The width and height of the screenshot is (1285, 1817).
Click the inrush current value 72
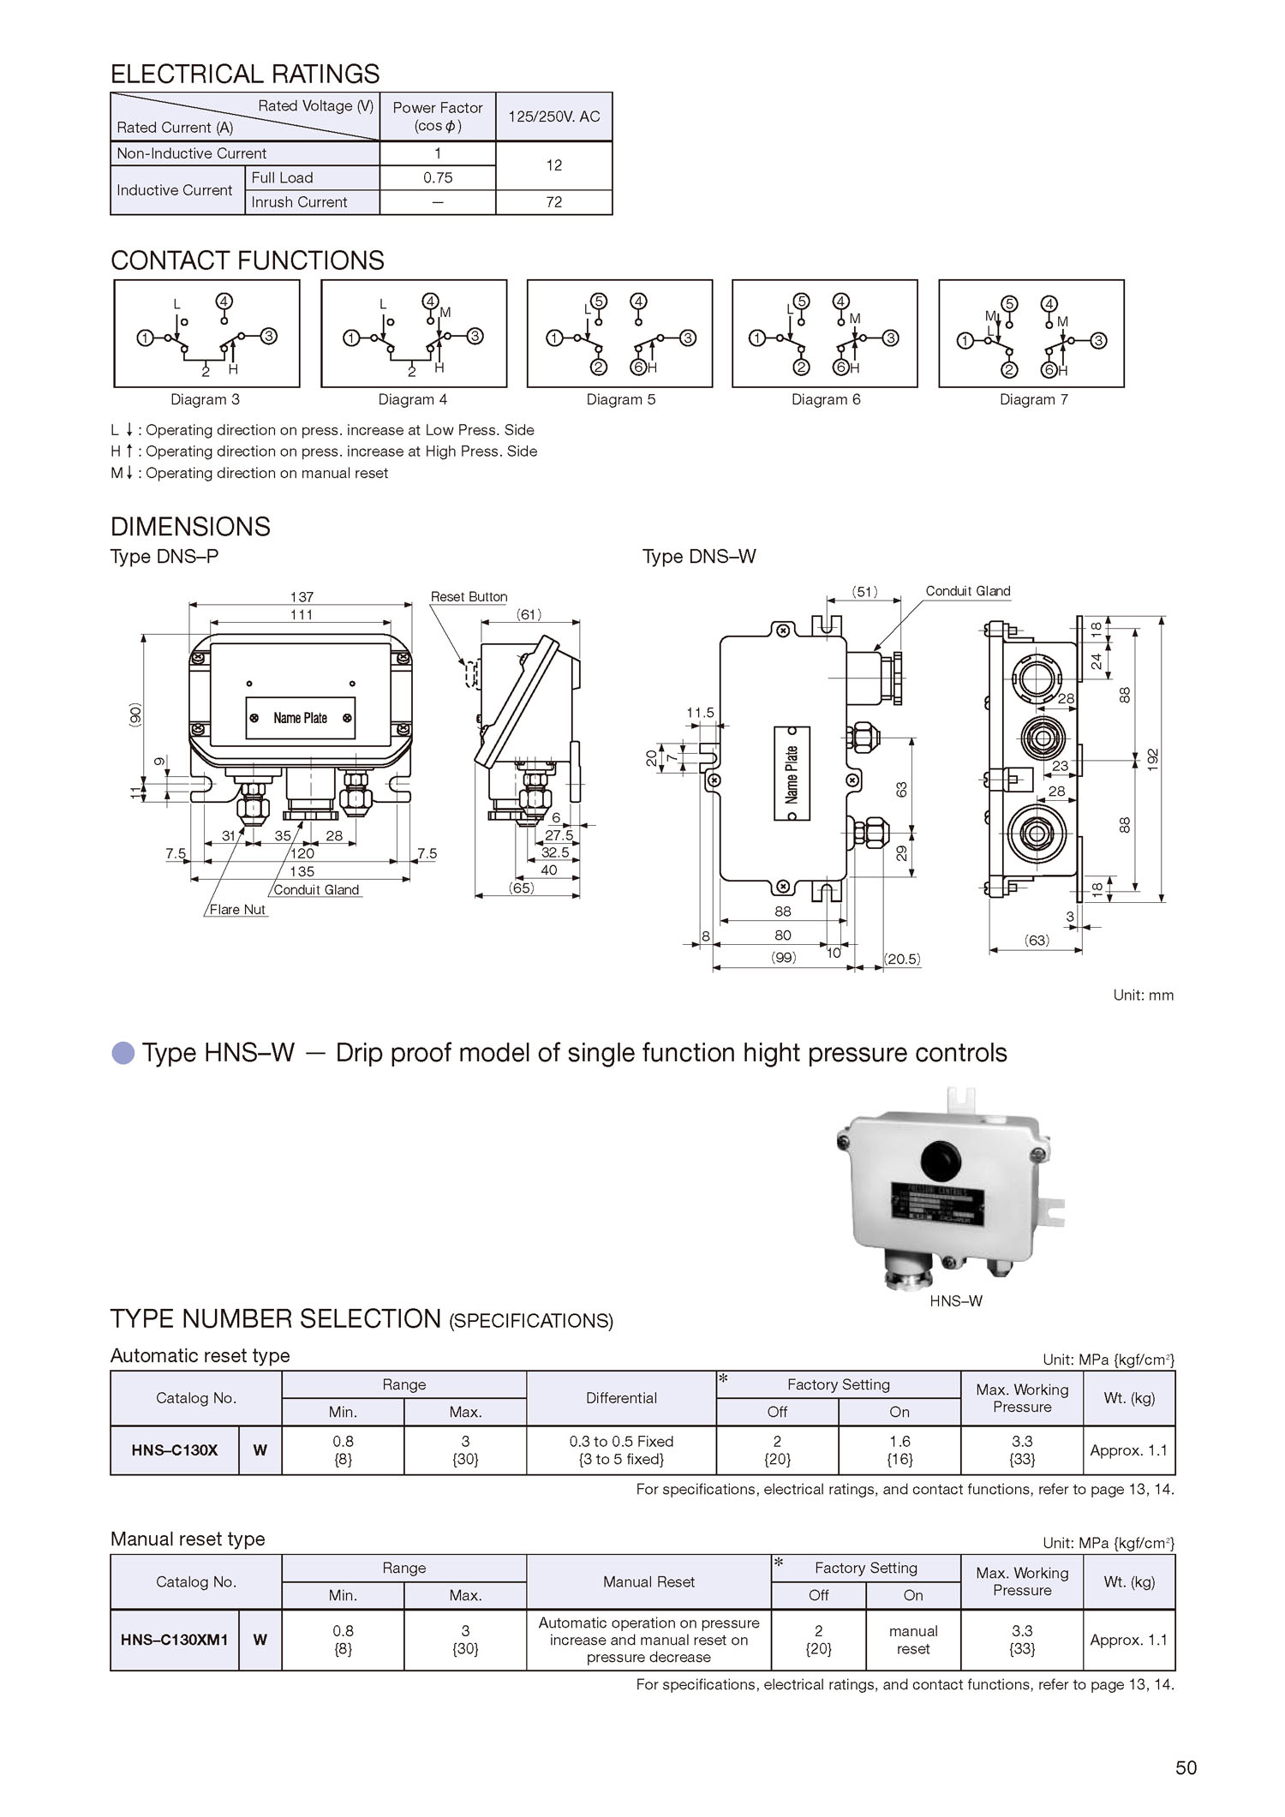coord(553,202)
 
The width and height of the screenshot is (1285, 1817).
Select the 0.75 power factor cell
coord(438,178)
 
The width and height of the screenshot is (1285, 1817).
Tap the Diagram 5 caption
coord(620,399)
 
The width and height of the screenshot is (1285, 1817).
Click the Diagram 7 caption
coord(1033,399)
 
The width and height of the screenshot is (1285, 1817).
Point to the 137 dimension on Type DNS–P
coord(302,596)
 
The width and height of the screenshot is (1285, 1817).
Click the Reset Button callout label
coord(469,596)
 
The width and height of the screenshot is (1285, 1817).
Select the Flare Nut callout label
coord(237,909)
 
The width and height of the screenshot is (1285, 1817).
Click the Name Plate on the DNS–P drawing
coord(300,718)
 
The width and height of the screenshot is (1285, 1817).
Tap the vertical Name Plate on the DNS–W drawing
coord(792,774)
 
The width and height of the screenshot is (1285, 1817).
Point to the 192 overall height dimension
coord(1153,759)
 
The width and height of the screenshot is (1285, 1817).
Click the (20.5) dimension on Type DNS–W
coord(903,959)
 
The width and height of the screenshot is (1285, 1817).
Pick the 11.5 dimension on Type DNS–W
coord(700,713)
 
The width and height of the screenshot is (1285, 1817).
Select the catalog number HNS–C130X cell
coord(175,1450)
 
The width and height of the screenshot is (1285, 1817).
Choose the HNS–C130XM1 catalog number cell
coord(175,1640)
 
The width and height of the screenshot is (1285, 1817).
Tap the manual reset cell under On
coord(913,1640)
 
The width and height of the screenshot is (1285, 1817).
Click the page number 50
coord(1186,1767)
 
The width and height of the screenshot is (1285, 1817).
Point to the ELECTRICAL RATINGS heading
coord(245,74)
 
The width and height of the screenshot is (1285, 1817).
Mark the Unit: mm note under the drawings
coord(1143,995)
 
